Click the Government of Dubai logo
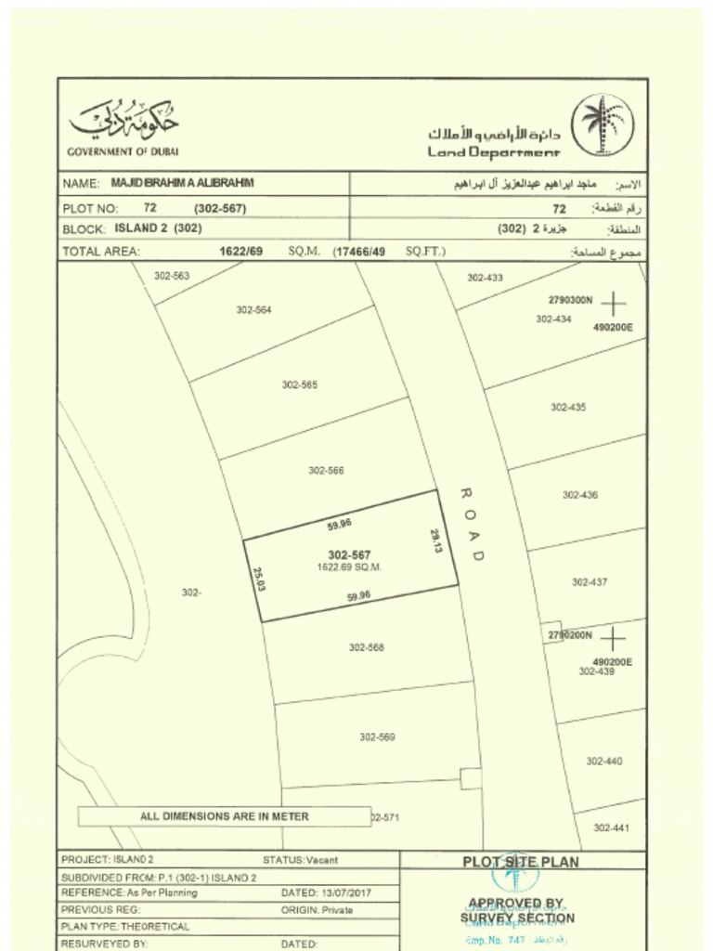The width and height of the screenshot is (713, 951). tap(123, 123)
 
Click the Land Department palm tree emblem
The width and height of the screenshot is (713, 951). tap(601, 124)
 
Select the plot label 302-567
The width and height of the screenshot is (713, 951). tap(350, 555)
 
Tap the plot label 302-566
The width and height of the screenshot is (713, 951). tap(326, 471)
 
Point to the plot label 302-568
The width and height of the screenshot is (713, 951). tap(367, 647)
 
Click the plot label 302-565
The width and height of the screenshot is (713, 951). tap(300, 384)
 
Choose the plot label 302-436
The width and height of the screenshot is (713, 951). tap(579, 495)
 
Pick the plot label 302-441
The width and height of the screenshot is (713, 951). tap(611, 827)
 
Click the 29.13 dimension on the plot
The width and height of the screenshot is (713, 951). tap(435, 541)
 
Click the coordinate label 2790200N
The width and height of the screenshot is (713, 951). tap(570, 636)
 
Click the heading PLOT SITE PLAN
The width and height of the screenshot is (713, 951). tap(521, 862)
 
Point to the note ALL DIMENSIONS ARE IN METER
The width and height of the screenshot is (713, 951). tap(225, 816)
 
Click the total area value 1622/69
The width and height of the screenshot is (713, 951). tap(241, 251)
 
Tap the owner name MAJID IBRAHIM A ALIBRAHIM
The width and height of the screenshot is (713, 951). tap(182, 183)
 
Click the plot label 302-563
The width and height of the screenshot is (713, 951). tap(172, 276)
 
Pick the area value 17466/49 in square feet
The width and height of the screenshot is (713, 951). tap(360, 251)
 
